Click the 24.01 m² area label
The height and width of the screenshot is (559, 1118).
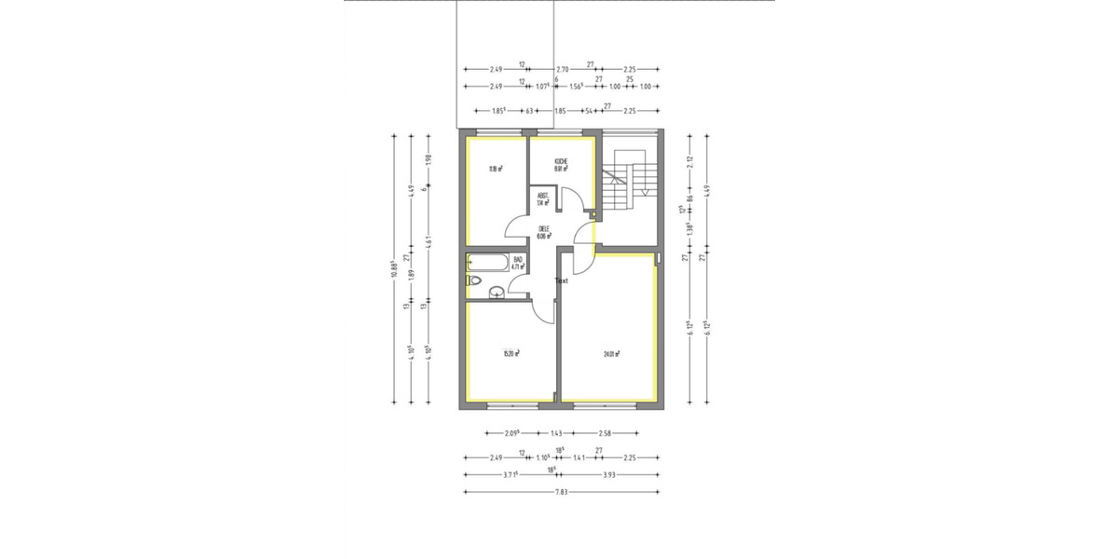tap(611, 353)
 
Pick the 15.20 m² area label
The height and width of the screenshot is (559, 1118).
tap(511, 353)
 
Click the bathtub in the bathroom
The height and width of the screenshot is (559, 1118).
tap(486, 263)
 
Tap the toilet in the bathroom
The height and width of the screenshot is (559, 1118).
tap(472, 279)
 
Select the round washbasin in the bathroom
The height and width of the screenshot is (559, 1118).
tap(498, 293)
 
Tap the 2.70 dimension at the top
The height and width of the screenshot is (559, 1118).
tap(562, 69)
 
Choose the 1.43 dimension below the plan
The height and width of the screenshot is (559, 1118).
tap(556, 433)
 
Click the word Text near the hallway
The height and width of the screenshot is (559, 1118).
tap(561, 279)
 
